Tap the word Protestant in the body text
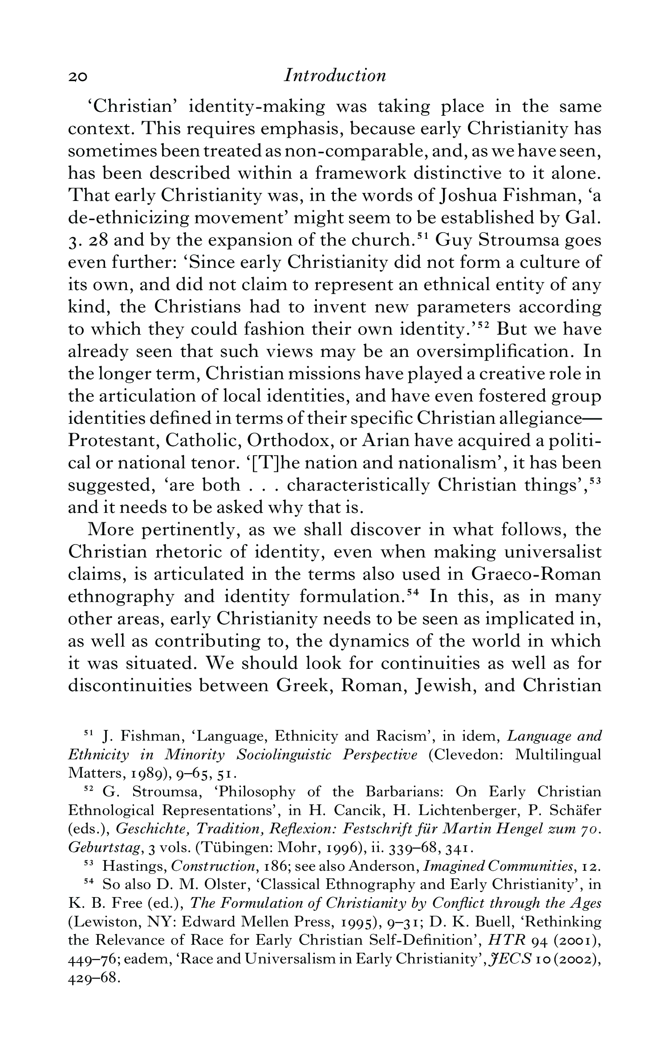113,441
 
